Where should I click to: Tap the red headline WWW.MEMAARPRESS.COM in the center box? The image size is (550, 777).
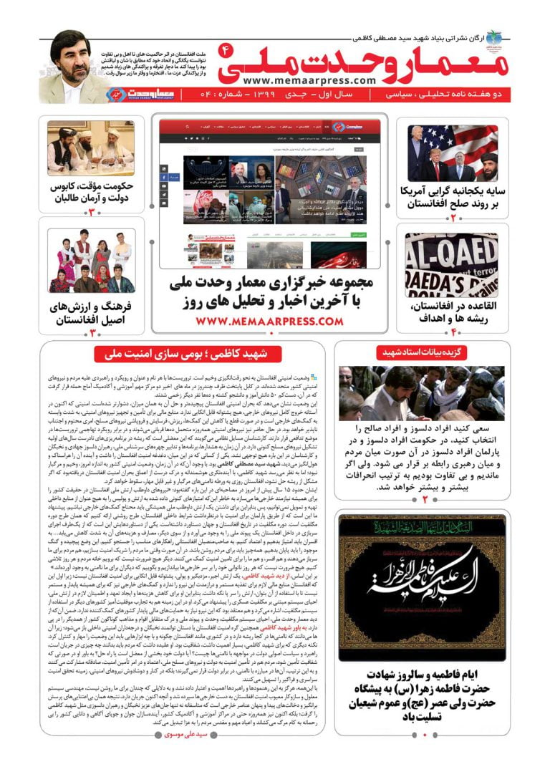click(269, 322)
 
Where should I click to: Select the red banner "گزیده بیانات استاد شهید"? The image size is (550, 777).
click(421, 353)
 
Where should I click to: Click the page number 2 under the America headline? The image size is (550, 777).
click(452, 216)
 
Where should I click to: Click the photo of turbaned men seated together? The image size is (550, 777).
click(90, 148)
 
